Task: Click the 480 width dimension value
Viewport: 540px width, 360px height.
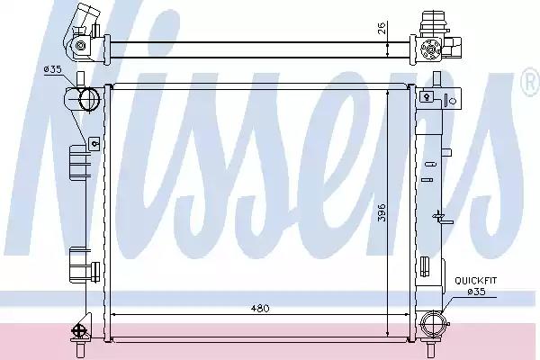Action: (260, 308)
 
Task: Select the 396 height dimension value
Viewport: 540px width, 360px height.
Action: (381, 212)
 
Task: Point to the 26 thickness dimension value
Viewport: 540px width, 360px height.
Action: (382, 28)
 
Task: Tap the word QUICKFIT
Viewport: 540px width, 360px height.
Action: (475, 281)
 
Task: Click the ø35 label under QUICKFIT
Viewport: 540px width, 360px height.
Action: (476, 292)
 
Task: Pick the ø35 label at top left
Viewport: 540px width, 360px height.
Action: (52, 69)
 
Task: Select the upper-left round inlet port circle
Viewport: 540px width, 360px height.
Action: (89, 99)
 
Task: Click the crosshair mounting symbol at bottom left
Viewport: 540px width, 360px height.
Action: (77, 330)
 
